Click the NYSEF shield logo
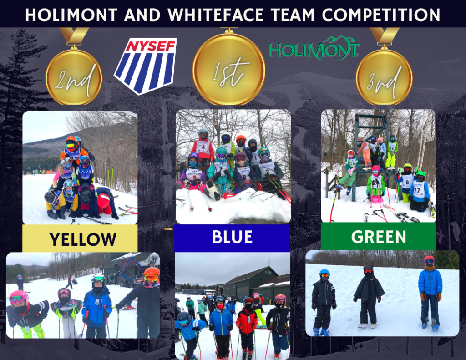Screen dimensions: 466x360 click(145, 66)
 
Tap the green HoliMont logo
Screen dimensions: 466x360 click(314, 48)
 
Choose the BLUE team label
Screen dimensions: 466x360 click(232, 238)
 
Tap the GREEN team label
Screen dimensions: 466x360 click(378, 237)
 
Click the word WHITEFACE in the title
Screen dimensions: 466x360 click(215, 15)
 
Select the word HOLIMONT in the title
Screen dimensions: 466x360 click(71, 15)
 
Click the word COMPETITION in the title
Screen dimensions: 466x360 click(381, 15)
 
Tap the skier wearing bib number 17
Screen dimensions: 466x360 click(419, 191)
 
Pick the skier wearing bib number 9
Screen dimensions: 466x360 click(406, 181)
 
